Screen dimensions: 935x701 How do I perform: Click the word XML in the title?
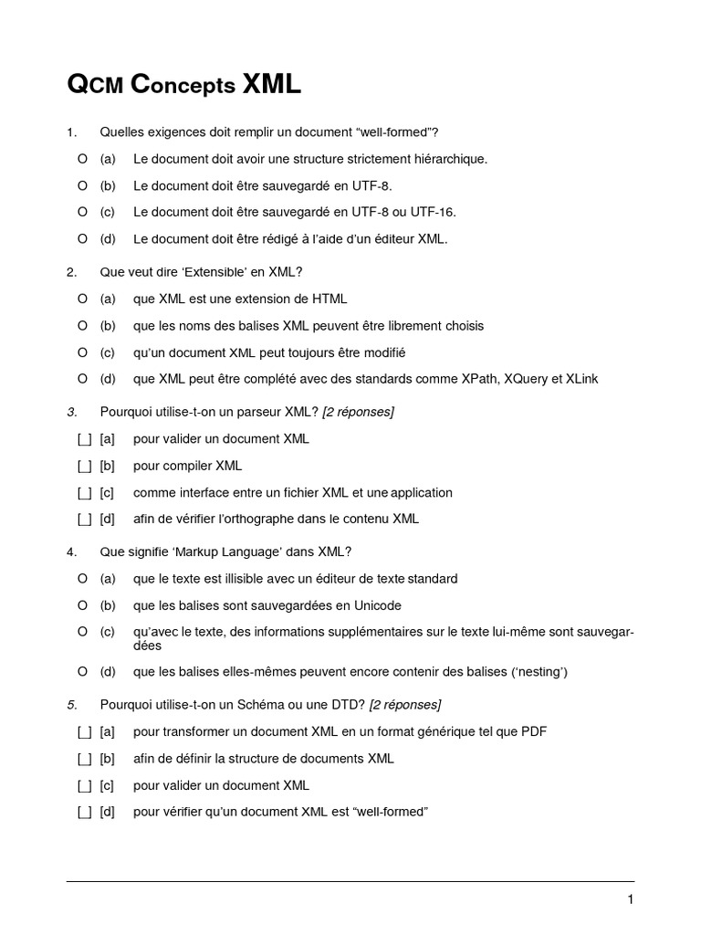click(271, 86)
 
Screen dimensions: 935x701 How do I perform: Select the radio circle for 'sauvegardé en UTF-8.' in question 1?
click(83, 185)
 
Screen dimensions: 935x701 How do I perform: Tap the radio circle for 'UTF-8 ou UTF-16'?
click(83, 212)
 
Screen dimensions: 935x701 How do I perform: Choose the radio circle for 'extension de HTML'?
click(83, 299)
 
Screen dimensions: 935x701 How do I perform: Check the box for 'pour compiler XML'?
click(85, 466)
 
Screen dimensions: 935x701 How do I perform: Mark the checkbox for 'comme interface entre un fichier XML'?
click(85, 493)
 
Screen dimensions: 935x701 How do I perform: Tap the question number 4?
click(71, 552)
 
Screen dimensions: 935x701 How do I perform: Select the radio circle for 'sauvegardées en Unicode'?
click(83, 605)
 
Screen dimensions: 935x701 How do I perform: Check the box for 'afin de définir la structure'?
click(85, 759)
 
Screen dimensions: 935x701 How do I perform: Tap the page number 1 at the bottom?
click(630, 899)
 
